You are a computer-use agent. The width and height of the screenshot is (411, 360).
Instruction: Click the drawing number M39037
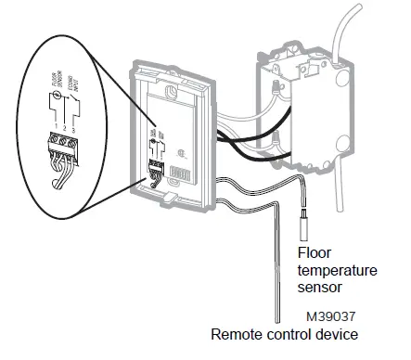327,315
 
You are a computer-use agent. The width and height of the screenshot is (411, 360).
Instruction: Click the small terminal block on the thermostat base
154,171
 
